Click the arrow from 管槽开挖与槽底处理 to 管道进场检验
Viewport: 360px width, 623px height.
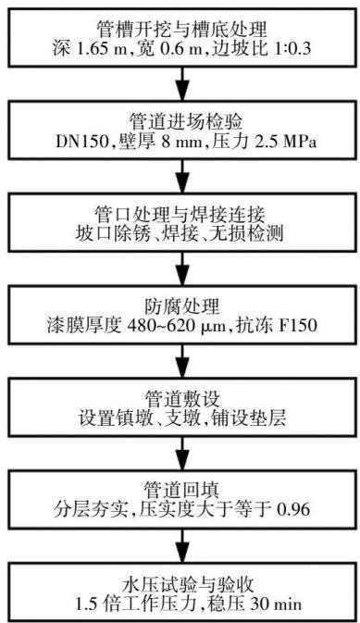point(181,84)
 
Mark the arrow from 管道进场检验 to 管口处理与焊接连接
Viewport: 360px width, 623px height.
point(181,177)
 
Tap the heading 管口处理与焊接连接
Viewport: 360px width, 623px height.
point(180,215)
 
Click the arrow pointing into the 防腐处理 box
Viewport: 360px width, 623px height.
point(181,269)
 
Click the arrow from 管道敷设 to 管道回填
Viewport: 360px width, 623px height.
point(181,454)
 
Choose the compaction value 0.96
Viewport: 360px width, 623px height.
point(293,510)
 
